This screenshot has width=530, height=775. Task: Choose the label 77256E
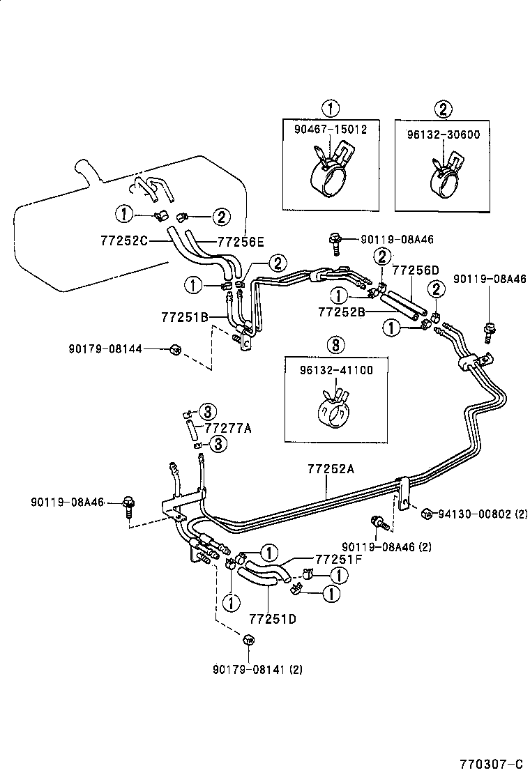(241, 242)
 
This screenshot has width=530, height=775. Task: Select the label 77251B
(185, 316)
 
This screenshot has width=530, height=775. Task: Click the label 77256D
(416, 270)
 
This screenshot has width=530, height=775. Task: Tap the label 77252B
(342, 312)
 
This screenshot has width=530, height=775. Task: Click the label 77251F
(339, 558)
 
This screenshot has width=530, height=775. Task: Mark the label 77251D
(272, 618)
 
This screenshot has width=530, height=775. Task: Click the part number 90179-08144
(105, 348)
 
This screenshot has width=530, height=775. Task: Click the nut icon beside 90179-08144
(176, 349)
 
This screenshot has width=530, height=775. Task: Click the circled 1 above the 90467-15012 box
(330, 108)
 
